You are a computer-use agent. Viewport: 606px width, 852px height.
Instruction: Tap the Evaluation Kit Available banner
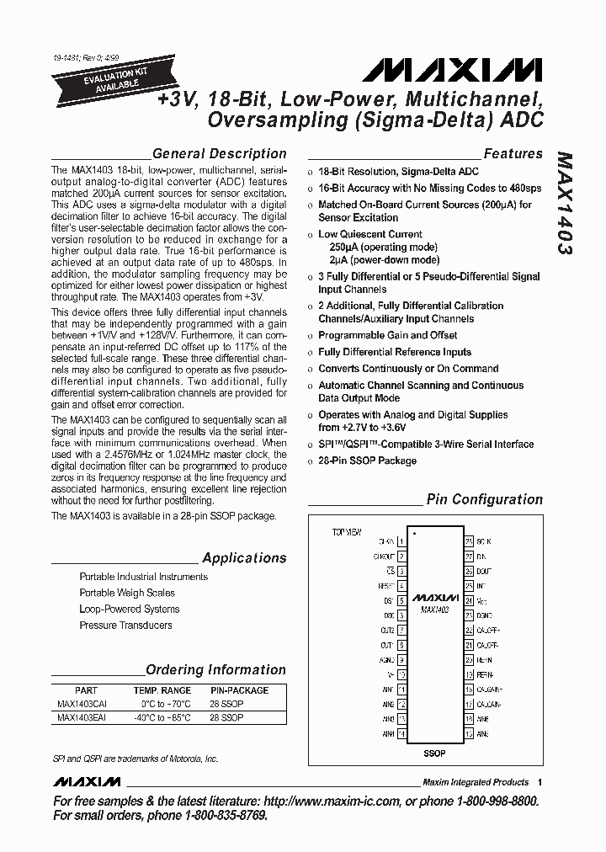[105, 81]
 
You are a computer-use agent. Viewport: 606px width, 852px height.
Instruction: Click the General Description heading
[219, 153]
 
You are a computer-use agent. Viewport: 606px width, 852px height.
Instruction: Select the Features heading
[513, 153]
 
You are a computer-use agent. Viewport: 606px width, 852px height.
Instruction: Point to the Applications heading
[244, 558]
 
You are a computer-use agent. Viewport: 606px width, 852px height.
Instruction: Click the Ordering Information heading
[215, 670]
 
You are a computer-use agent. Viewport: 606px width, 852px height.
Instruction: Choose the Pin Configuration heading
[484, 499]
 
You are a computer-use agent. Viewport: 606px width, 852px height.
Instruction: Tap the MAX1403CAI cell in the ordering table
[82, 704]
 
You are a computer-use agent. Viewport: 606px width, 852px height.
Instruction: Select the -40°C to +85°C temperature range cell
[162, 718]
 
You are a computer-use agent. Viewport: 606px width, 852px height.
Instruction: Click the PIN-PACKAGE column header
[239, 690]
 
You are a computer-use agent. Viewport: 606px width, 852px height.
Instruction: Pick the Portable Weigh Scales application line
[127, 593]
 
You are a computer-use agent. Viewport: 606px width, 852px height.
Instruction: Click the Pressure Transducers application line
[125, 626]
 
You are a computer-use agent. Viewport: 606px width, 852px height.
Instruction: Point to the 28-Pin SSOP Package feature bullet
[367, 461]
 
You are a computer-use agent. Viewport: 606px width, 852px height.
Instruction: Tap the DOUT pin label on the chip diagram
[484, 571]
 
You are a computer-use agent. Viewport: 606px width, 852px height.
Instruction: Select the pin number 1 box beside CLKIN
[401, 541]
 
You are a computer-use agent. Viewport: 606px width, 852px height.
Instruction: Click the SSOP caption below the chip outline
[433, 753]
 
